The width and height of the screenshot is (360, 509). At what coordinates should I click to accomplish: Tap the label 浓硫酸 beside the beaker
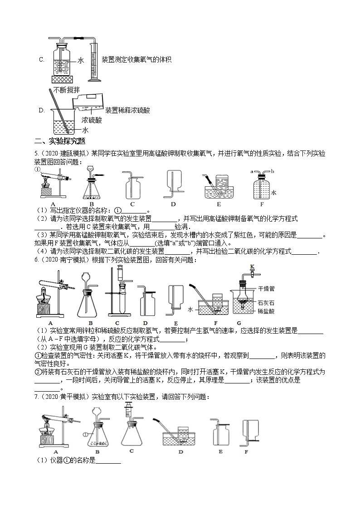pos(92,120)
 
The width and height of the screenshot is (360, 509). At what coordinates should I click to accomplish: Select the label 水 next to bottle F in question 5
pos(273,193)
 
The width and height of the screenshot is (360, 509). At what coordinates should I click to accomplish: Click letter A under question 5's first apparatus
pos(53,204)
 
